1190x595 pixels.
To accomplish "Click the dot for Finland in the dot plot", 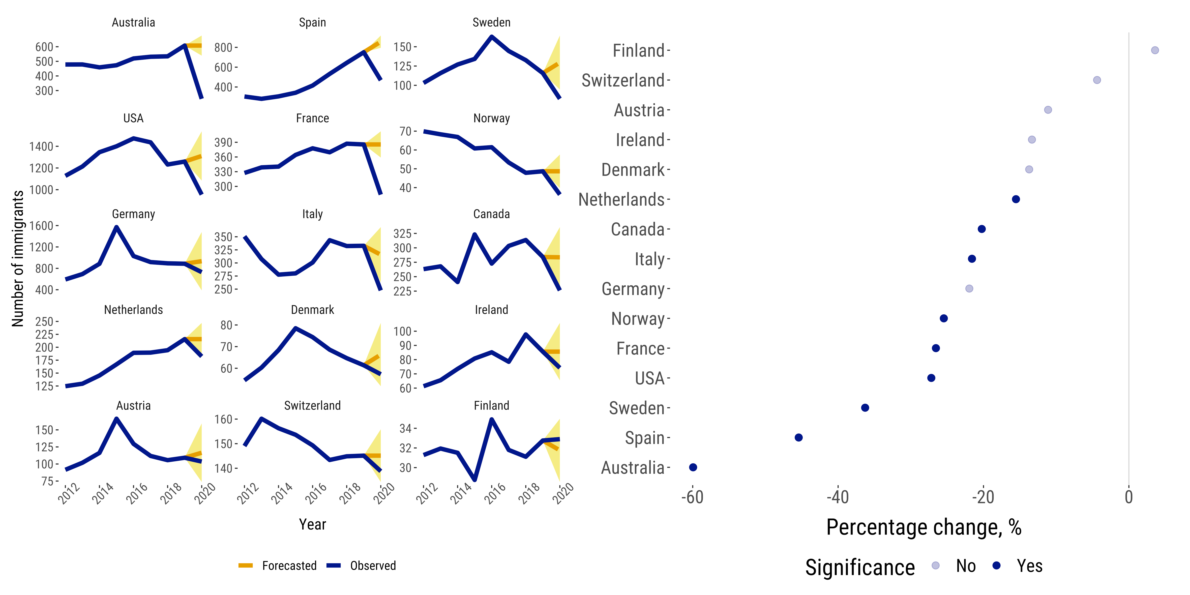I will coord(1155,50).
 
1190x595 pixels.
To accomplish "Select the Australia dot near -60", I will coord(693,468).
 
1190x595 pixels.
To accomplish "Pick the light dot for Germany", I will coord(969,289).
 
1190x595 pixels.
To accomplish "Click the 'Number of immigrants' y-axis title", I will coord(18,259).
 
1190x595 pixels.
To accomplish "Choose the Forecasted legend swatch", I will coord(245,565).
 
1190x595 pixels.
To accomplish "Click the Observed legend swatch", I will coord(333,565).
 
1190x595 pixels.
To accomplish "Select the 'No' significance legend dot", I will coord(935,565).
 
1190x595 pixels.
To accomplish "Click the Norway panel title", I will coord(492,118).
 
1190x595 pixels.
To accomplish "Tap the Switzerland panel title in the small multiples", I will coord(312,406).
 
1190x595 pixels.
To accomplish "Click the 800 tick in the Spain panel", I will coord(223,48).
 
